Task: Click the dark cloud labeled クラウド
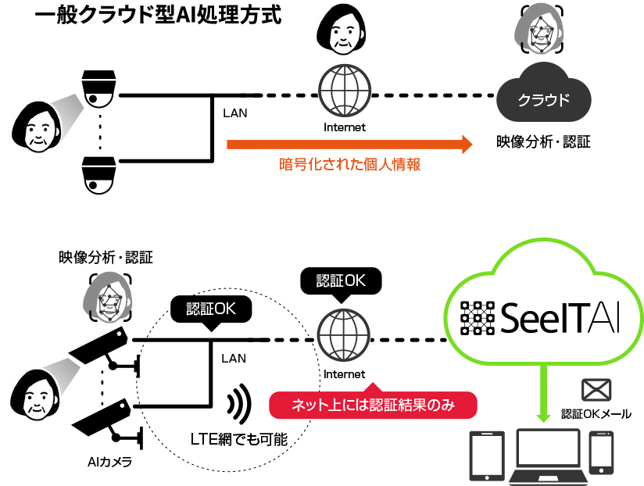[544, 99]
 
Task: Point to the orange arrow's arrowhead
[467, 145]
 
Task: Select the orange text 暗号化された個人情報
[349, 165]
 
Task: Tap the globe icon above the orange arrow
[343, 90]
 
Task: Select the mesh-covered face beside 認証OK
[106, 297]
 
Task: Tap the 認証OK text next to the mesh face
[211, 309]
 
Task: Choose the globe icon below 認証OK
[343, 336]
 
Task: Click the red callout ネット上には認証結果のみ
[372, 405]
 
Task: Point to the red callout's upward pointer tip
[372, 384]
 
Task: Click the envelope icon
[596, 390]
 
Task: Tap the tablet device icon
[485, 455]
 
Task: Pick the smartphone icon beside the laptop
[601, 452]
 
